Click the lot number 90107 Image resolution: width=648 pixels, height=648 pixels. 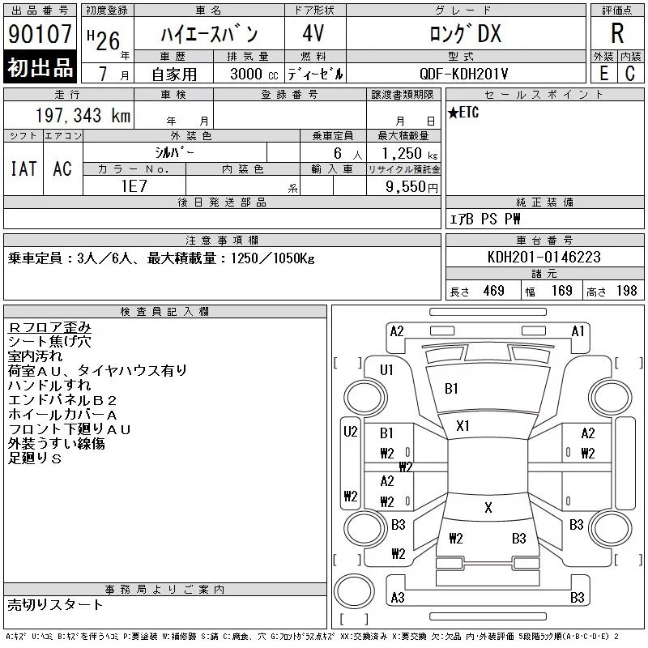click(x=40, y=34)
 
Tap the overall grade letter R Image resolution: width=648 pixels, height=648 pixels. click(x=617, y=33)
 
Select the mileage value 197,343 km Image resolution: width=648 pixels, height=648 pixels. click(x=83, y=115)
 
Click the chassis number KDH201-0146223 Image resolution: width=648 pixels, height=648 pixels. click(x=544, y=257)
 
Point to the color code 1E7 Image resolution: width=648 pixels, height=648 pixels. click(x=134, y=186)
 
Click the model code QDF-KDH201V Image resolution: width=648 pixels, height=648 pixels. click(x=463, y=74)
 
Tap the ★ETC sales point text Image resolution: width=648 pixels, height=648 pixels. click(x=463, y=112)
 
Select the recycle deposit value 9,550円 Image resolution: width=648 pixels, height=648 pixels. click(x=411, y=187)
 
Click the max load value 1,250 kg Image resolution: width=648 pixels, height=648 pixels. click(x=410, y=154)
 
